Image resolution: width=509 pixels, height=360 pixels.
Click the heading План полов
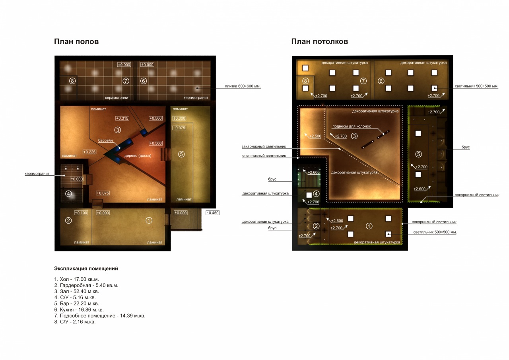click(x=76, y=42)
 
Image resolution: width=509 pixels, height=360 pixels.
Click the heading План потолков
click(x=319, y=42)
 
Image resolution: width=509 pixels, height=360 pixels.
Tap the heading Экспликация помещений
click(x=86, y=269)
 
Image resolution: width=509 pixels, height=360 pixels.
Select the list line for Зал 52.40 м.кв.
click(x=77, y=291)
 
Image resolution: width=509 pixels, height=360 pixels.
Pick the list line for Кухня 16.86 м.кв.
click(x=79, y=309)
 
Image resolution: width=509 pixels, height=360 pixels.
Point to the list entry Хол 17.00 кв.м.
click(x=77, y=279)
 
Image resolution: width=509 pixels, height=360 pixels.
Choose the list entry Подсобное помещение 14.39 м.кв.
click(x=100, y=316)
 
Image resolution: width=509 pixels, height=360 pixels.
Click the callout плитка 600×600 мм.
click(x=243, y=86)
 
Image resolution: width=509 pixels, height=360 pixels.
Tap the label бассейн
click(x=105, y=140)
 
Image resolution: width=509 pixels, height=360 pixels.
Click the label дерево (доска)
click(x=138, y=156)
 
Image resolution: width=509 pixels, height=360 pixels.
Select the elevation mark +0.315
click(x=122, y=119)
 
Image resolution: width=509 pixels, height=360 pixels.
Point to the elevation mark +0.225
click(x=89, y=152)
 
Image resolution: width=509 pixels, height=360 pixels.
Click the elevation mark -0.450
click(x=213, y=213)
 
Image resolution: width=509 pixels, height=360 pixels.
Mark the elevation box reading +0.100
click(x=81, y=213)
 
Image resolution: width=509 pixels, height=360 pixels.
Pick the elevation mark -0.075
click(x=179, y=128)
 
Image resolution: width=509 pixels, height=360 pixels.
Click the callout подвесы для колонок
click(x=352, y=126)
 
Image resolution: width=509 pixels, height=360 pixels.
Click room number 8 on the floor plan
click(x=72, y=81)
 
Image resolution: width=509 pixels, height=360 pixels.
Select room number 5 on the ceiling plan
click(x=419, y=154)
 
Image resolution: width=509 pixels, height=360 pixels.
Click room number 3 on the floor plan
click(x=117, y=130)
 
